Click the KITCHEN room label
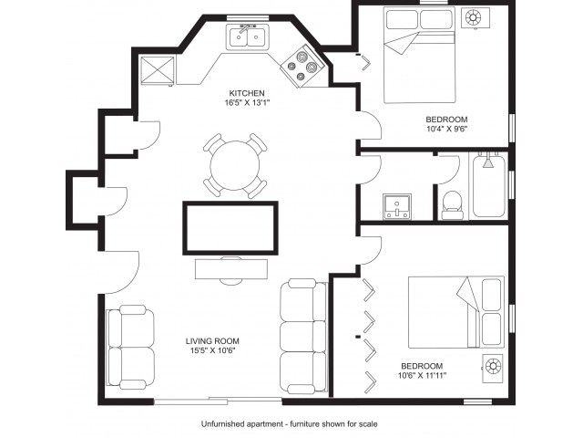pos(247,93)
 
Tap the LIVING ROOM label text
pos(212,340)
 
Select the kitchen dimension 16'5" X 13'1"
pos(247,103)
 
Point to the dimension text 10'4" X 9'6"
pos(446,130)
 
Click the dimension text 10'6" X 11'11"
pos(422,375)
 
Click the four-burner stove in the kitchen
pos(302,67)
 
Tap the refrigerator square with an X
pos(158,69)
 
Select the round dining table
pos(235,165)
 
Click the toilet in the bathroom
pos(453,205)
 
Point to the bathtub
pos(488,186)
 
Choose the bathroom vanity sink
pos(397,206)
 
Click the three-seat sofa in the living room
pos(303,337)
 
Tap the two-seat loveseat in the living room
pos(130,347)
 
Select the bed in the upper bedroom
pos(420,55)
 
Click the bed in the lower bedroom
pos(456,312)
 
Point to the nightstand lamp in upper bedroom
pos(475,17)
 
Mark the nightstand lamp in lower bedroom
pos(493,367)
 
